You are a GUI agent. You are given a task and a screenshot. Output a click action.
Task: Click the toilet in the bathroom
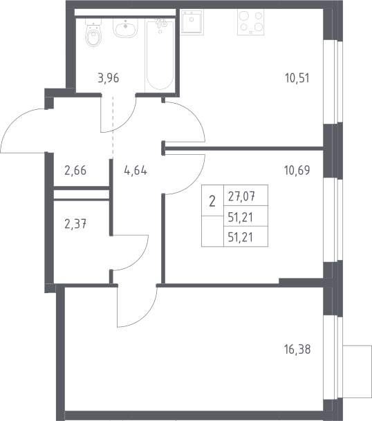(x=94, y=32)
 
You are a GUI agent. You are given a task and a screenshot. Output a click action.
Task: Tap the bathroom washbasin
(x=125, y=28)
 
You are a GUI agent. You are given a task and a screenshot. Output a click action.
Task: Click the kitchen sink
(x=192, y=22)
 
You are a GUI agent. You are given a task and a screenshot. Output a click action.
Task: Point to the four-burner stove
(x=250, y=23)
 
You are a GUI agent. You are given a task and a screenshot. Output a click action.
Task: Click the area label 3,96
(x=109, y=78)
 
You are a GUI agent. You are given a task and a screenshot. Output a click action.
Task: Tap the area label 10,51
(x=297, y=78)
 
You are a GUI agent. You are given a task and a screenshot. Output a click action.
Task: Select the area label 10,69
(x=297, y=170)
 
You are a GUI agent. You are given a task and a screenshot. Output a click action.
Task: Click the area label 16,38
(x=297, y=350)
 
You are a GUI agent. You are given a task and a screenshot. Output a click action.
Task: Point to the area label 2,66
(x=75, y=171)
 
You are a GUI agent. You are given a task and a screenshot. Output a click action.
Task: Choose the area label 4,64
(x=136, y=171)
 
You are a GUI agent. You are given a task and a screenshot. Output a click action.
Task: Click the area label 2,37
(x=75, y=224)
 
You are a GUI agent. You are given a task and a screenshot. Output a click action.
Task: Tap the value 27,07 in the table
(x=241, y=197)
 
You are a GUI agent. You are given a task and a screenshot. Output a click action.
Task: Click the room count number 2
(x=212, y=201)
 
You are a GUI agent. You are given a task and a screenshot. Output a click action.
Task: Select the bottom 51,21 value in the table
(x=241, y=237)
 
